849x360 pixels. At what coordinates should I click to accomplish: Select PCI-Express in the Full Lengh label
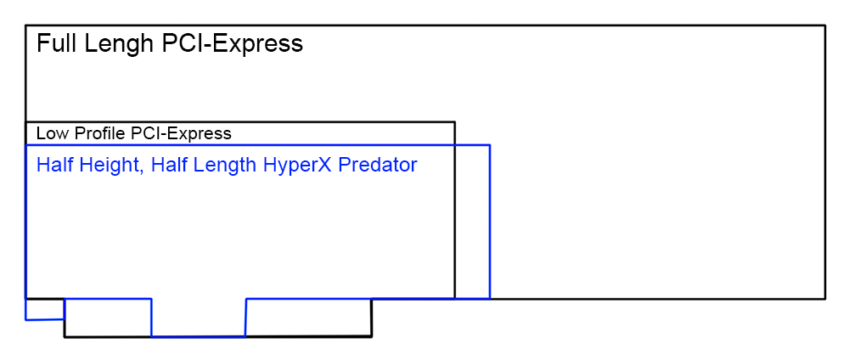tap(233, 44)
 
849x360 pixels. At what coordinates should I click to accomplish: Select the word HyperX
tap(296, 165)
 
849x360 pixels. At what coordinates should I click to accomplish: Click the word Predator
tap(378, 165)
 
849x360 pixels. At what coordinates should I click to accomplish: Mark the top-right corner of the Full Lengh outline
tap(824, 25)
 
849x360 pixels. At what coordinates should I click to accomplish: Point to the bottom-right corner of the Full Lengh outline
tap(824, 298)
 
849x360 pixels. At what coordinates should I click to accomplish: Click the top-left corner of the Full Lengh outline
tap(26, 25)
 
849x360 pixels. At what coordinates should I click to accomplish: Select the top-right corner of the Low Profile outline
tap(455, 122)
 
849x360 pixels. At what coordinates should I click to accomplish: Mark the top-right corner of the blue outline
tap(490, 145)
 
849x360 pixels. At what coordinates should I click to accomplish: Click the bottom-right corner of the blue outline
tap(490, 298)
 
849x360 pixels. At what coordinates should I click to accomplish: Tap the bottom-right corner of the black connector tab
tap(372, 337)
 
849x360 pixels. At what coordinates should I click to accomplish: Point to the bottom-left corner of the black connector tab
tap(65, 337)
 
